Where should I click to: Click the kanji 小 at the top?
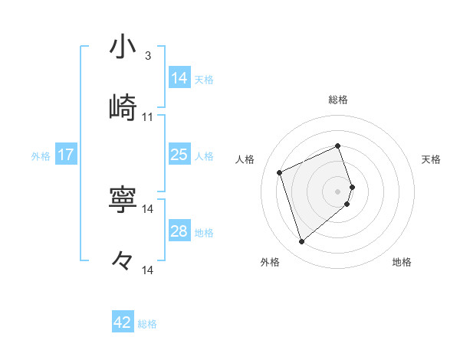[123, 47]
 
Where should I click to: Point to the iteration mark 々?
[123, 260]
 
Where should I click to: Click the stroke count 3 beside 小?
[148, 55]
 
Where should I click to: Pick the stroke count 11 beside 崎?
[148, 117]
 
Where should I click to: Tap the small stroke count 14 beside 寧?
[148, 208]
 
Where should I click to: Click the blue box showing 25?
[179, 155]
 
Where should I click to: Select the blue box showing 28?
[179, 231]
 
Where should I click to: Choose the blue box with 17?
[65, 155]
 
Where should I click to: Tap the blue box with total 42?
[123, 322]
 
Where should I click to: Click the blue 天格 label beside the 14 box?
[204, 79]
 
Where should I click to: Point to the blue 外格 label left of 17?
[41, 155]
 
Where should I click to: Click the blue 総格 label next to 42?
[147, 323]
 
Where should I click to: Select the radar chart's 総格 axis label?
[338, 100]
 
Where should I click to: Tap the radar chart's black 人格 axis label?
[245, 159]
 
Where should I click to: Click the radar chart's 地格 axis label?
[402, 262]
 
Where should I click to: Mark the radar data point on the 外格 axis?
[301, 241]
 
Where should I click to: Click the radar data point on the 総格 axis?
[338, 146]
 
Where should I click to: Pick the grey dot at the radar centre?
[338, 190]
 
